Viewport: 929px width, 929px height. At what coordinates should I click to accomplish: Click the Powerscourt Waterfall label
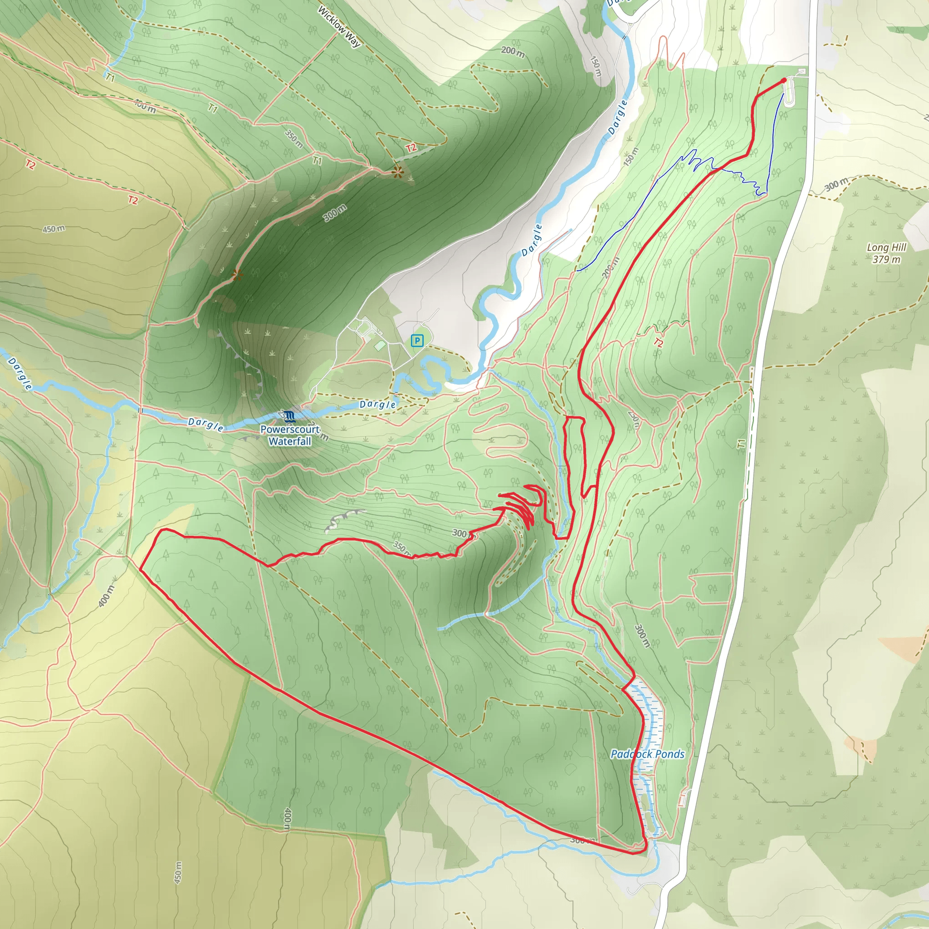coord(289,435)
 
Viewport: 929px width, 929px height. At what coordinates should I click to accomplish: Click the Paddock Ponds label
coord(647,754)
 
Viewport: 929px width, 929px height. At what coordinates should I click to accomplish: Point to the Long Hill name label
coord(887,247)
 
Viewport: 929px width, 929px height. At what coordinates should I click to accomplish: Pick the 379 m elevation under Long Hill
coord(887,259)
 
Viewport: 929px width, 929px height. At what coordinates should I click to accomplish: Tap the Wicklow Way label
coord(339,26)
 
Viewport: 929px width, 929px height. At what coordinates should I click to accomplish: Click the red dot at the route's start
coord(784,80)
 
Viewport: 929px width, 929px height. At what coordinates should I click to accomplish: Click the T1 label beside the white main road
coord(741,443)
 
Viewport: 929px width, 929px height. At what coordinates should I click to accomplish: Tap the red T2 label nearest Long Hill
coord(658,343)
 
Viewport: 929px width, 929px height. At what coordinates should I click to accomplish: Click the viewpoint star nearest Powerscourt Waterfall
coord(237,275)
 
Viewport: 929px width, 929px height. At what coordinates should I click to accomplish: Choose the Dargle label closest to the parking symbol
coord(377,404)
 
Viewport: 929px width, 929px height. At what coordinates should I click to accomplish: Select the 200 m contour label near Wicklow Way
coord(513,51)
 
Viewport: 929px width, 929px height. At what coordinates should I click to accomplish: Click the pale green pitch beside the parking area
coord(379,346)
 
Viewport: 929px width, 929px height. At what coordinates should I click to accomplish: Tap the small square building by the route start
coord(801,72)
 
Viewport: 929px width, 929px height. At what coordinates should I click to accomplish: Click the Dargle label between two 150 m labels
coord(617,117)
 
